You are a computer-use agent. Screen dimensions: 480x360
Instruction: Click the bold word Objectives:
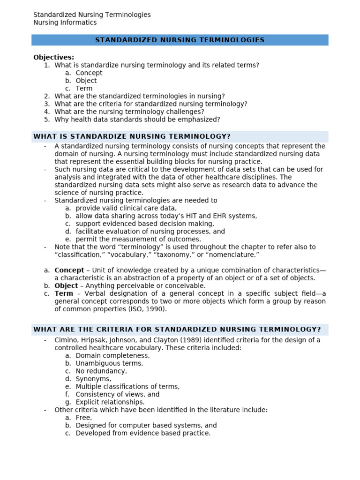click(x=53, y=57)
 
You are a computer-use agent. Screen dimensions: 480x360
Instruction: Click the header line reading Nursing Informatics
click(x=65, y=22)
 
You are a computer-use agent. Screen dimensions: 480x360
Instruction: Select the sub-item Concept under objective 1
click(x=89, y=73)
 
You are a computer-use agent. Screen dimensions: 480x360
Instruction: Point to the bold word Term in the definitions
click(x=64, y=293)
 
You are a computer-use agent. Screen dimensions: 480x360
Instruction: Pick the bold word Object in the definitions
click(x=66, y=285)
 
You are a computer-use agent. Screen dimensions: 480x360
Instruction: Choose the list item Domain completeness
click(x=112, y=355)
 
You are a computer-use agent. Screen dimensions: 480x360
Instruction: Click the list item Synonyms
click(x=93, y=379)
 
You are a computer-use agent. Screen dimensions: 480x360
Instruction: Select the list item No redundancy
click(x=101, y=371)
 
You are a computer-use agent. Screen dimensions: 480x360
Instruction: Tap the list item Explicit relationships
click(x=110, y=402)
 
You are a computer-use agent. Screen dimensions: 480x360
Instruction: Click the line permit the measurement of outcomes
click(x=138, y=239)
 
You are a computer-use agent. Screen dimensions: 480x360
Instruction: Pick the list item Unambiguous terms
click(x=109, y=363)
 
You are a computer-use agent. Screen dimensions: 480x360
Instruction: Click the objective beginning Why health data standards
click(x=137, y=119)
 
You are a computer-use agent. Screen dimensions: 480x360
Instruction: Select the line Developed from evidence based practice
click(x=143, y=433)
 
